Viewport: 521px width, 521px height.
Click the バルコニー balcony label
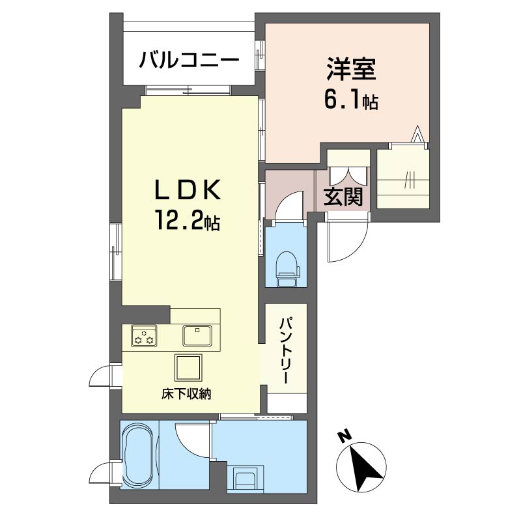(188, 63)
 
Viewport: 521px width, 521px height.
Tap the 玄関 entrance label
(343, 197)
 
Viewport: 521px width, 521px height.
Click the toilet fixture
(287, 268)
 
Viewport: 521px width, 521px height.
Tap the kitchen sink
(197, 336)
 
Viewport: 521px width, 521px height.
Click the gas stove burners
(144, 335)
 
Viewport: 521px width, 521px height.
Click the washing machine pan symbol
(246, 479)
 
